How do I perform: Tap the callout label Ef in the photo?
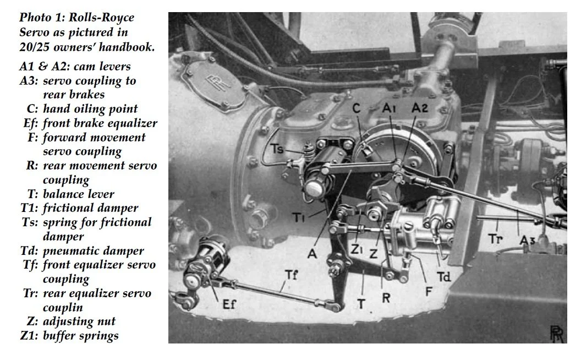tap(227, 303)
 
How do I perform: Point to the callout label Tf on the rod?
tap(292, 274)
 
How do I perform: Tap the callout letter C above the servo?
tap(356, 108)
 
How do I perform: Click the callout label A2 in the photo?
tap(420, 108)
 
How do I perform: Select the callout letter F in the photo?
tap(428, 291)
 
